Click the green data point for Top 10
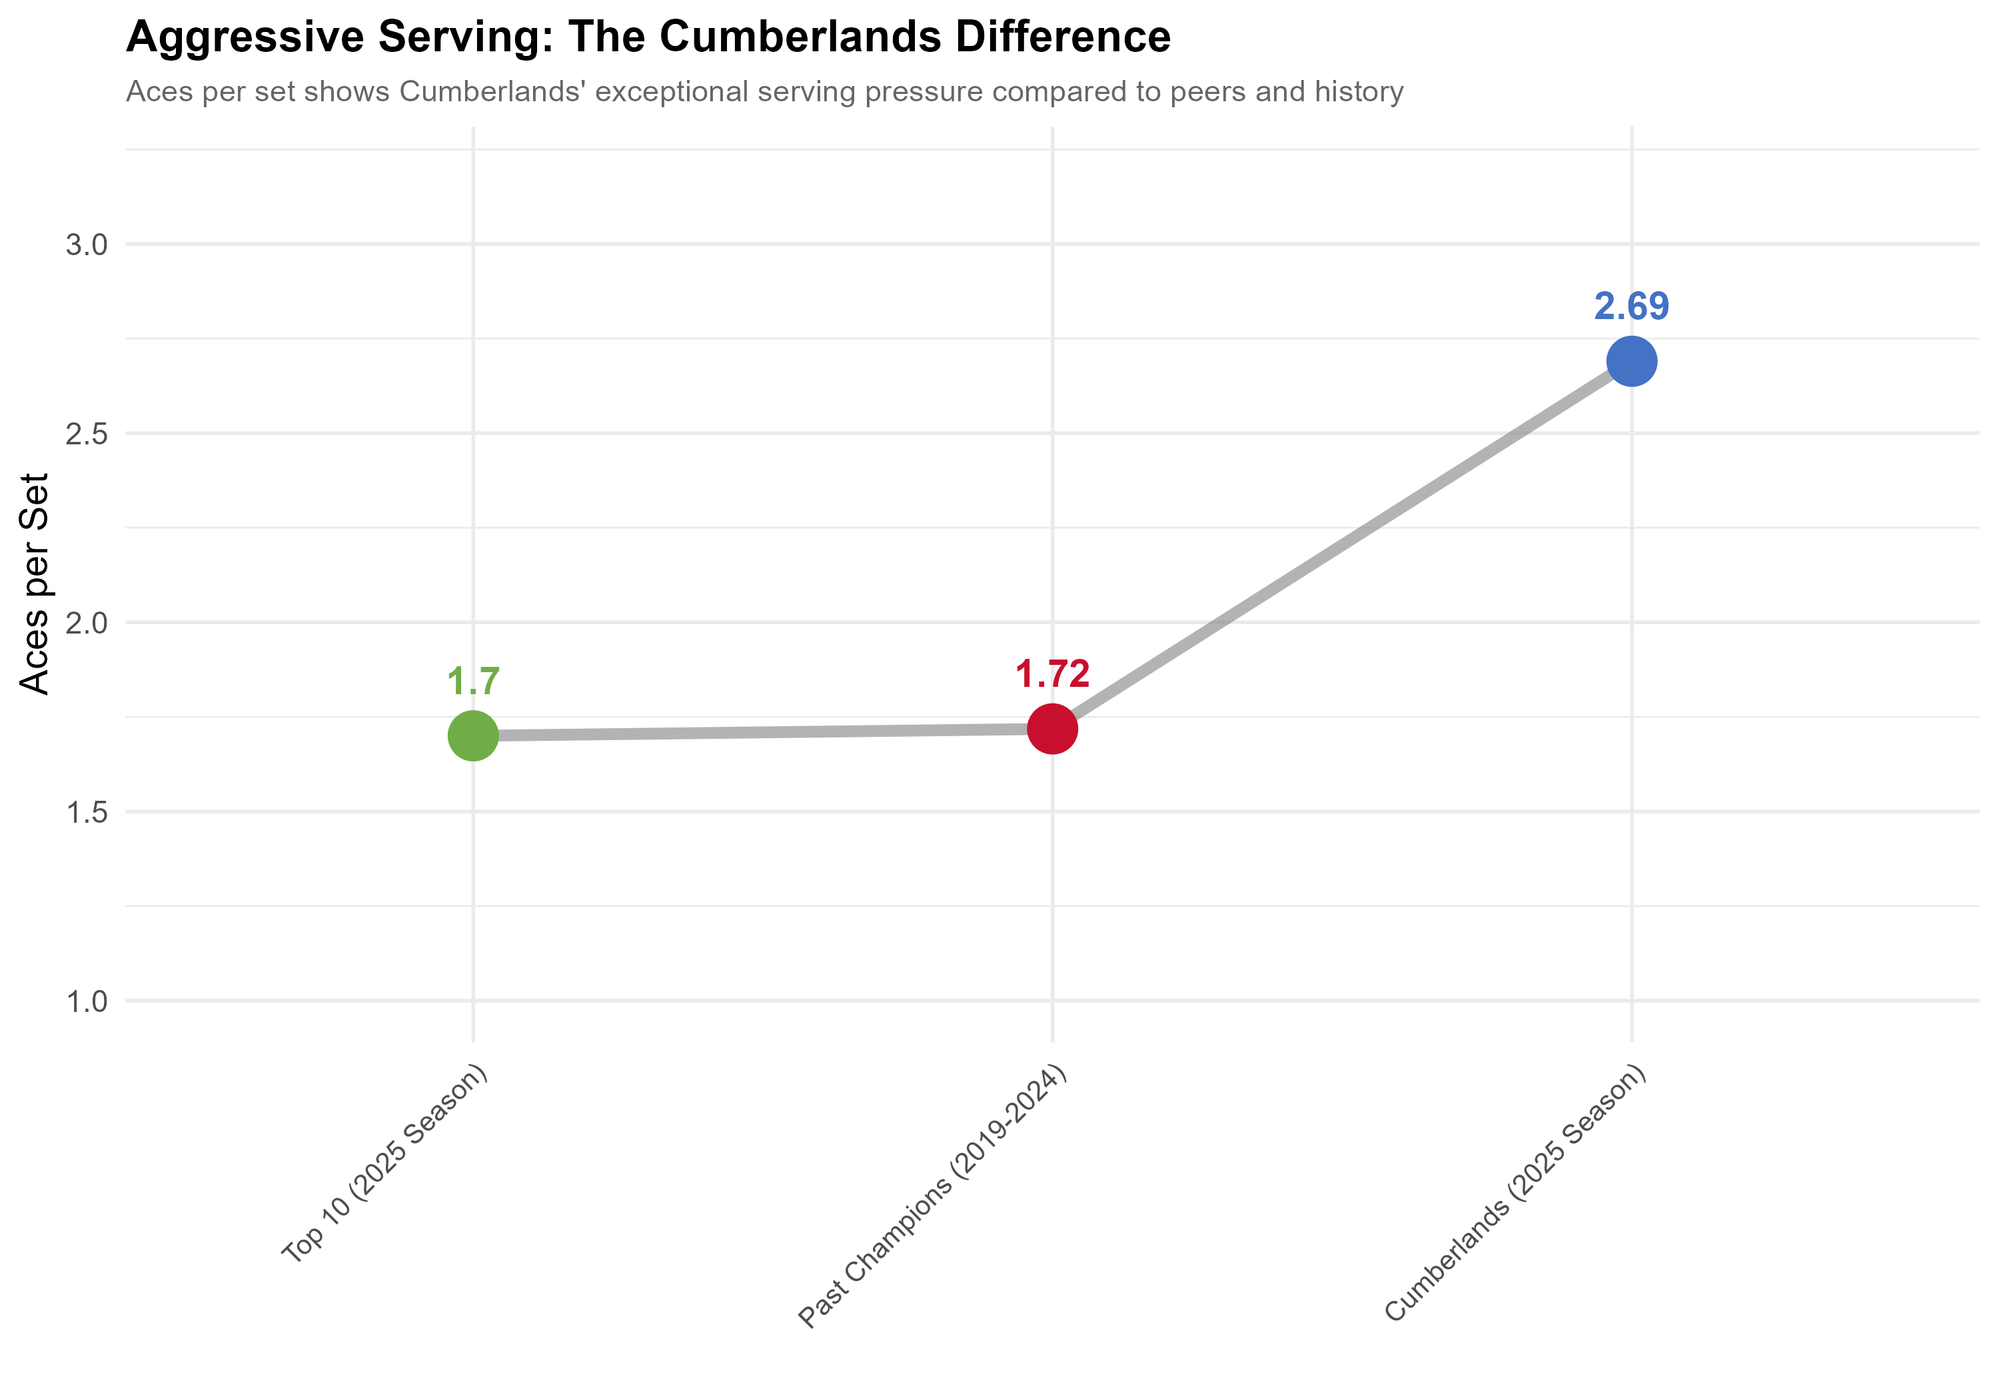(x=472, y=735)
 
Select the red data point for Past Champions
(x=1053, y=729)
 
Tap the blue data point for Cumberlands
(x=1631, y=361)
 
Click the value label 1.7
(x=472, y=682)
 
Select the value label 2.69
(x=1631, y=306)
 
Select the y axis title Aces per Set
(x=35, y=584)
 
